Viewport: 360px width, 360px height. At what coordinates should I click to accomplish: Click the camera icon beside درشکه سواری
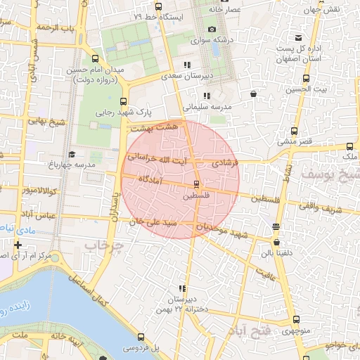pyautogui.click(x=212, y=30)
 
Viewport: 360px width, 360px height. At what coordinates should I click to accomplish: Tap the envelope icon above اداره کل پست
pyautogui.click(x=299, y=37)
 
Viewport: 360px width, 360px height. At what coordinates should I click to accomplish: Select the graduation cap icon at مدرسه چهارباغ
pyautogui.click(x=71, y=154)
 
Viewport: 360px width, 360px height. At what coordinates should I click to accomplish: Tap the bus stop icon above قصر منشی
pyautogui.click(x=295, y=130)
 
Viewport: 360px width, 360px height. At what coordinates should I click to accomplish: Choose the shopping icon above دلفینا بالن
pyautogui.click(x=276, y=226)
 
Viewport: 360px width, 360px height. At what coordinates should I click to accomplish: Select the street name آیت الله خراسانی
pyautogui.click(x=156, y=161)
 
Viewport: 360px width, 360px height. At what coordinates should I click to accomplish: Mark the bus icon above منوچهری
pyautogui.click(x=295, y=319)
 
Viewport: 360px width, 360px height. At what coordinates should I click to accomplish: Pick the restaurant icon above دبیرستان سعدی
pyautogui.click(x=186, y=65)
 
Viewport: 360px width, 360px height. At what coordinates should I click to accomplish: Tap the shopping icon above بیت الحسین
pyautogui.click(x=253, y=93)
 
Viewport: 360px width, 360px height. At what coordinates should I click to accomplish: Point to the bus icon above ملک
pyautogui.click(x=349, y=146)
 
